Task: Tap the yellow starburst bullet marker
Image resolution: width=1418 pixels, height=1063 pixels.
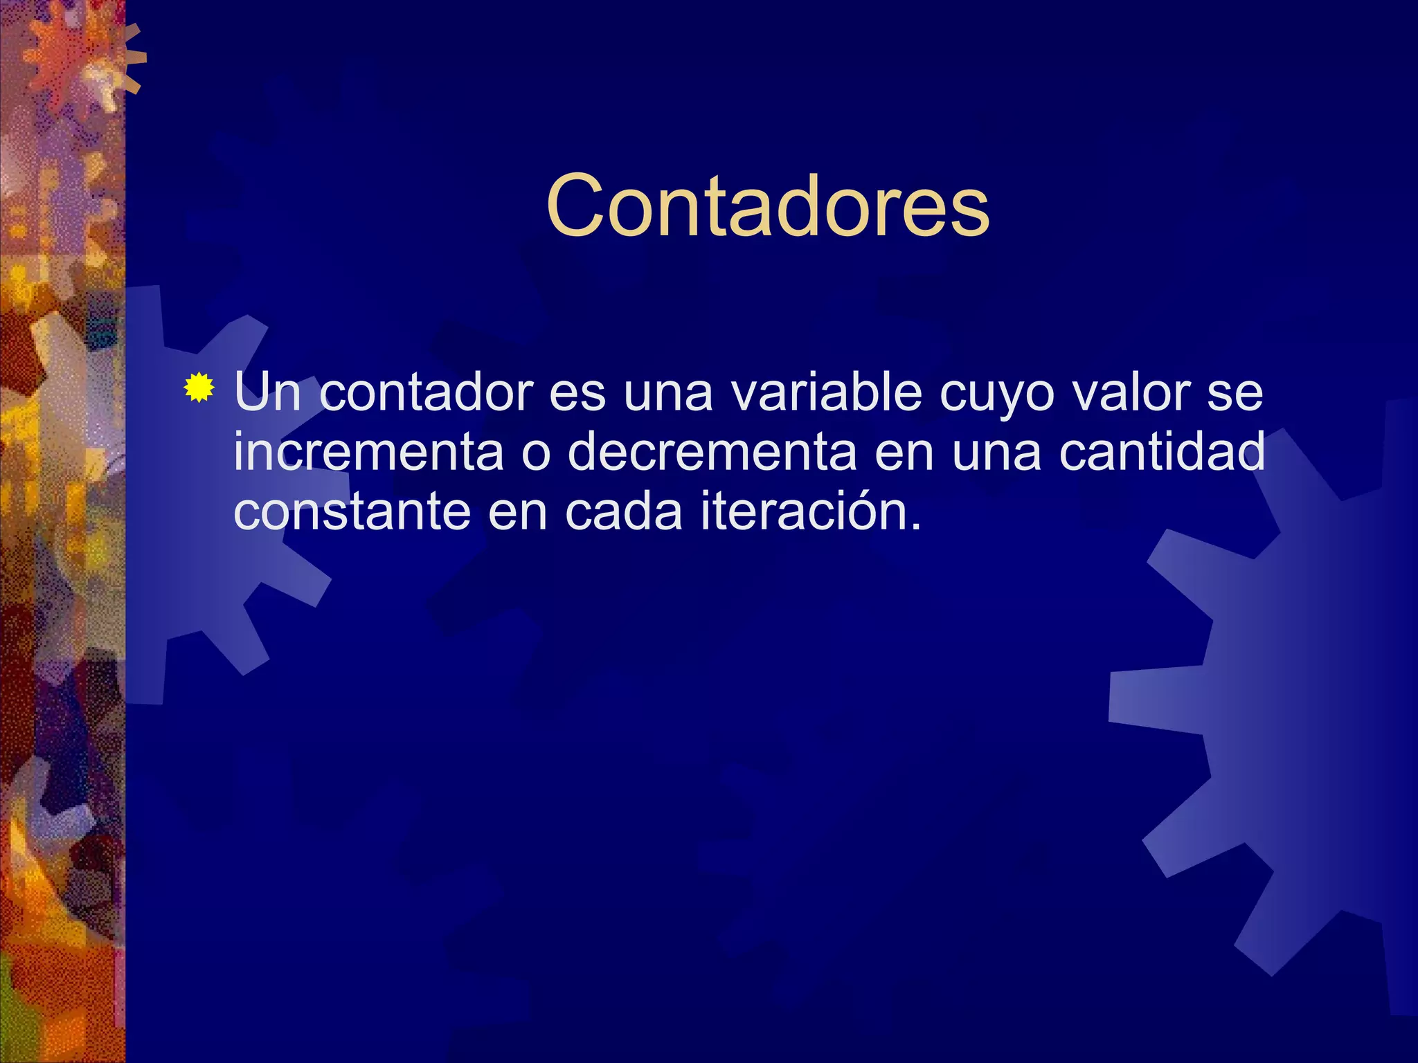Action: point(199,388)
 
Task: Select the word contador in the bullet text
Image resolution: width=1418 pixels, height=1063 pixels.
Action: point(425,392)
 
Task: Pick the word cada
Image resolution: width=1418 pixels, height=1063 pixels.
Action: point(624,512)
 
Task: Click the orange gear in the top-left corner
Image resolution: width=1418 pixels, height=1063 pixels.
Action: point(76,62)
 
